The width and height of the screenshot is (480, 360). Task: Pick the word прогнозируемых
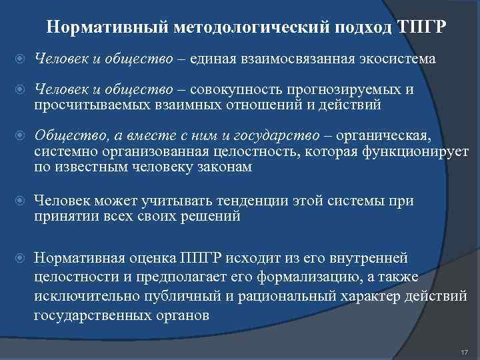(x=346, y=90)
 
